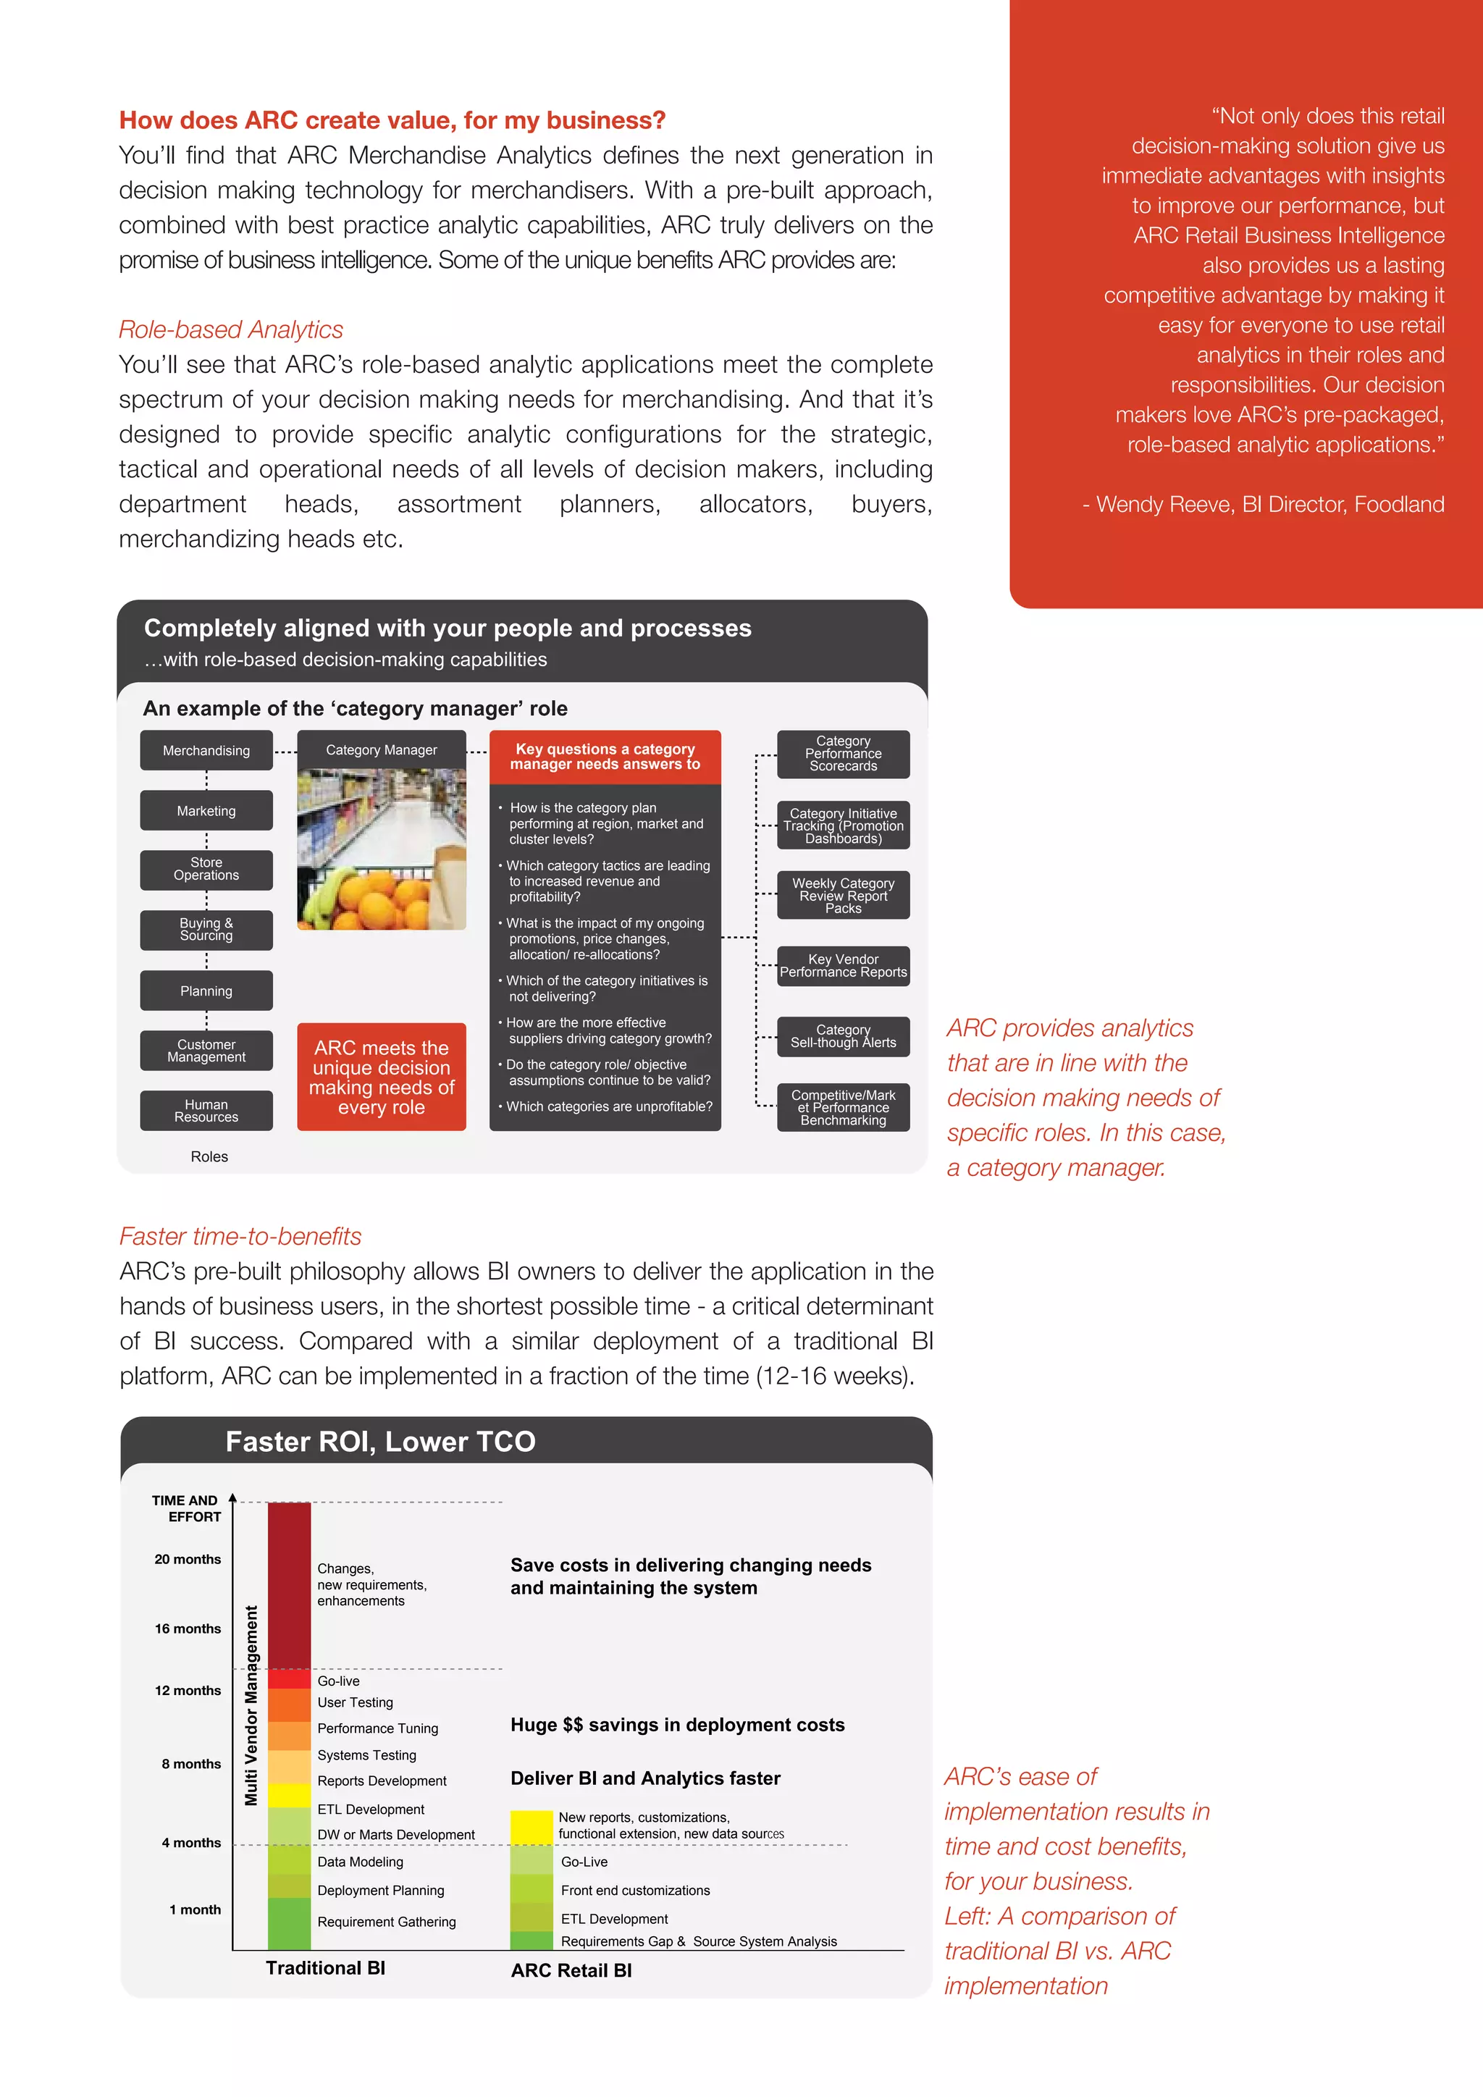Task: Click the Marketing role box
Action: coord(206,810)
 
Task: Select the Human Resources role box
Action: coord(206,1111)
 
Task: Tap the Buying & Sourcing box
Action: coord(206,930)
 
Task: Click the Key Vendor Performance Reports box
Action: coord(843,966)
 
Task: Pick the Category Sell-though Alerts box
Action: coord(843,1037)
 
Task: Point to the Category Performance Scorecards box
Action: coord(843,755)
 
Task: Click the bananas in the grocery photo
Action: coord(322,895)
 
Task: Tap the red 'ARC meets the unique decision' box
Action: coord(382,1077)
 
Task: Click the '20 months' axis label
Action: coord(188,1559)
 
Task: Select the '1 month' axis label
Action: coord(195,1909)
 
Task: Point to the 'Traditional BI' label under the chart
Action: coord(325,1967)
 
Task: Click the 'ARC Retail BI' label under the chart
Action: coord(571,1970)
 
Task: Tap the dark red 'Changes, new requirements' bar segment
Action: coord(290,1584)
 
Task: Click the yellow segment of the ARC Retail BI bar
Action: coord(532,1827)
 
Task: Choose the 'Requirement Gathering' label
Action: coord(386,1922)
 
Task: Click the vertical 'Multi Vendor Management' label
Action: coord(251,1705)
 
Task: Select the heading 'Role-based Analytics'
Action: coord(231,329)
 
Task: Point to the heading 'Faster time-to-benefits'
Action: coord(240,1237)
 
